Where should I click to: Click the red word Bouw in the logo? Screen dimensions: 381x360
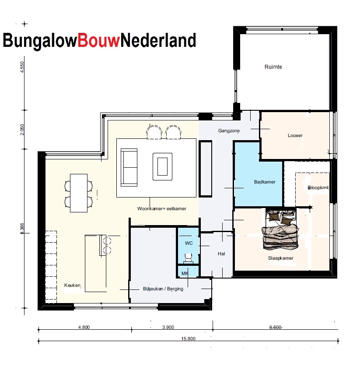98,40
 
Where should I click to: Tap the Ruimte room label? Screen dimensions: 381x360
273,67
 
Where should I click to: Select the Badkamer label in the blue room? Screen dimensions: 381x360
265,182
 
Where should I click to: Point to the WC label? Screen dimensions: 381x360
189,243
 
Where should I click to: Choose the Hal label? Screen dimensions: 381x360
221,254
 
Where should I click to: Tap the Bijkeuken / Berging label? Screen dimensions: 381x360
163,289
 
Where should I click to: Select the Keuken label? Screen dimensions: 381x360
73,285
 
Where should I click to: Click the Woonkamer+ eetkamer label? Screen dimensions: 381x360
161,209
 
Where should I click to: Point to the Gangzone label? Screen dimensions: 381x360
229,131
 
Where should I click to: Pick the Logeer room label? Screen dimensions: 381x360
295,135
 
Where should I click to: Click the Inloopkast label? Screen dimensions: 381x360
318,187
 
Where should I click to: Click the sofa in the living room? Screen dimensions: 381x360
129,167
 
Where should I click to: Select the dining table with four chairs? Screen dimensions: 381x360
79,193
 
